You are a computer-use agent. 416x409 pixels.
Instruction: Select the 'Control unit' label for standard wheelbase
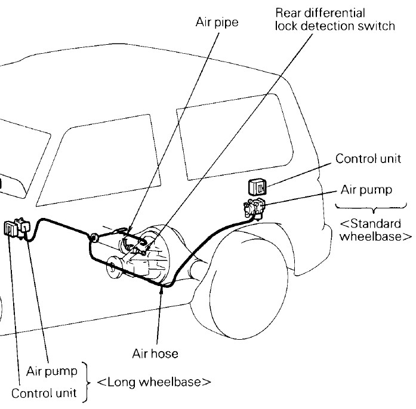coord(362,159)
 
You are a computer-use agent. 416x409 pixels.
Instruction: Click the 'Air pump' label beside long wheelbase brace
coord(52,371)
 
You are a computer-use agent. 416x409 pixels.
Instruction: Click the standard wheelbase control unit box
coord(257,187)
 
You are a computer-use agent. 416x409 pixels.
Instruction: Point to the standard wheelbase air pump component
coord(255,210)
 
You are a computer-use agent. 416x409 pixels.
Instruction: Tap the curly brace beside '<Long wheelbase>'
coord(89,380)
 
